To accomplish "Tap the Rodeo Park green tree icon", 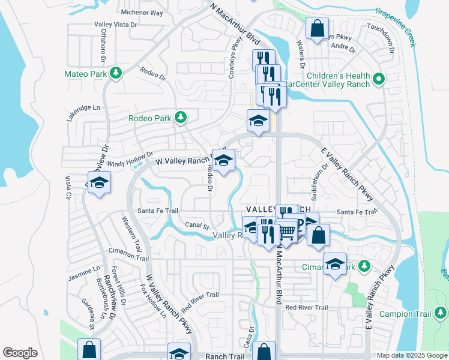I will tap(179, 118).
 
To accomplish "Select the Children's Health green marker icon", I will tap(379, 79).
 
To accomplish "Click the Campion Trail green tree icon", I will tap(441, 313).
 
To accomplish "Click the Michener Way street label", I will tap(142, 13).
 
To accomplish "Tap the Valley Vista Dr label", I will tap(116, 25).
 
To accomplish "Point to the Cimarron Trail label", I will tap(128, 254).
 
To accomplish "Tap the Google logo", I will tap(20, 353).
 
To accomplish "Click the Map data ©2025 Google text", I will tap(412, 355).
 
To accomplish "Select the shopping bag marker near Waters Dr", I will tap(316, 28).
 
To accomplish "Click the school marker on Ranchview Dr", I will tap(100, 183).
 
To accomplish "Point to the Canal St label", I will tap(196, 227).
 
